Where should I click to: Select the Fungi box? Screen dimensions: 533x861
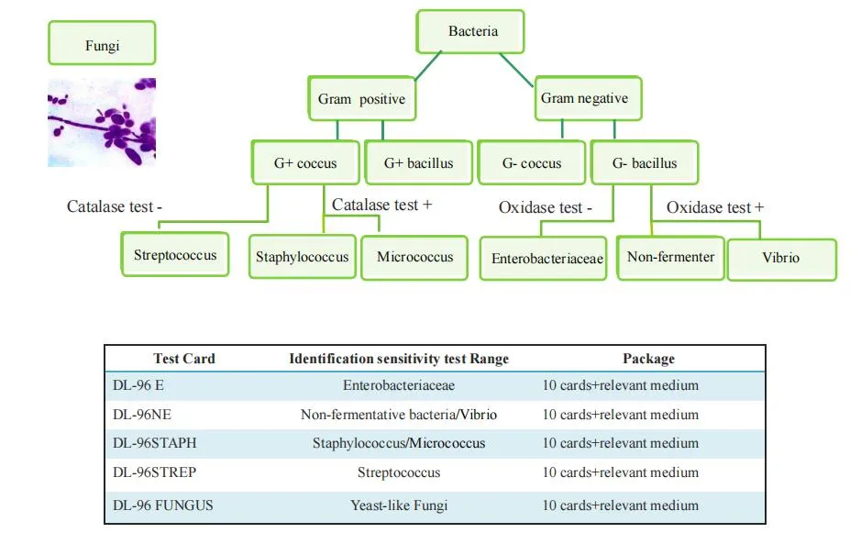(x=102, y=44)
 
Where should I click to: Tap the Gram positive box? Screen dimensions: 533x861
(x=361, y=98)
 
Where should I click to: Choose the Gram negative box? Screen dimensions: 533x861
(x=585, y=98)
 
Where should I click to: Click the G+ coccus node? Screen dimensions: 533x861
(x=305, y=163)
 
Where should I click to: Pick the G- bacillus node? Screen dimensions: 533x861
(x=645, y=163)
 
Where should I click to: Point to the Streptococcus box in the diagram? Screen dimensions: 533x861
(x=175, y=254)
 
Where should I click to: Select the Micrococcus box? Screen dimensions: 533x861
(x=414, y=257)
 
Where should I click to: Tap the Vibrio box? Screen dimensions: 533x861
(x=781, y=259)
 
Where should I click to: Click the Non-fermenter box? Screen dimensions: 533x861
(x=670, y=257)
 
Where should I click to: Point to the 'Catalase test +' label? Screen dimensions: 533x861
(x=381, y=205)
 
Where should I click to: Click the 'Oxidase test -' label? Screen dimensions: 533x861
(x=545, y=208)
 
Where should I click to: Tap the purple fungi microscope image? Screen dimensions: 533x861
(x=102, y=122)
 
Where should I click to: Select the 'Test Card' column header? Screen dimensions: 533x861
(x=183, y=359)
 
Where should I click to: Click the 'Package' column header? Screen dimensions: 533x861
(x=648, y=359)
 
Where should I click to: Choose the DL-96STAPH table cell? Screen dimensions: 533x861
(x=154, y=444)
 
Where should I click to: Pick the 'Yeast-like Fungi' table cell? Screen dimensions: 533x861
(x=399, y=505)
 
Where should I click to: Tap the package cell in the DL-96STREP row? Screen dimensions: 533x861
(x=620, y=473)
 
